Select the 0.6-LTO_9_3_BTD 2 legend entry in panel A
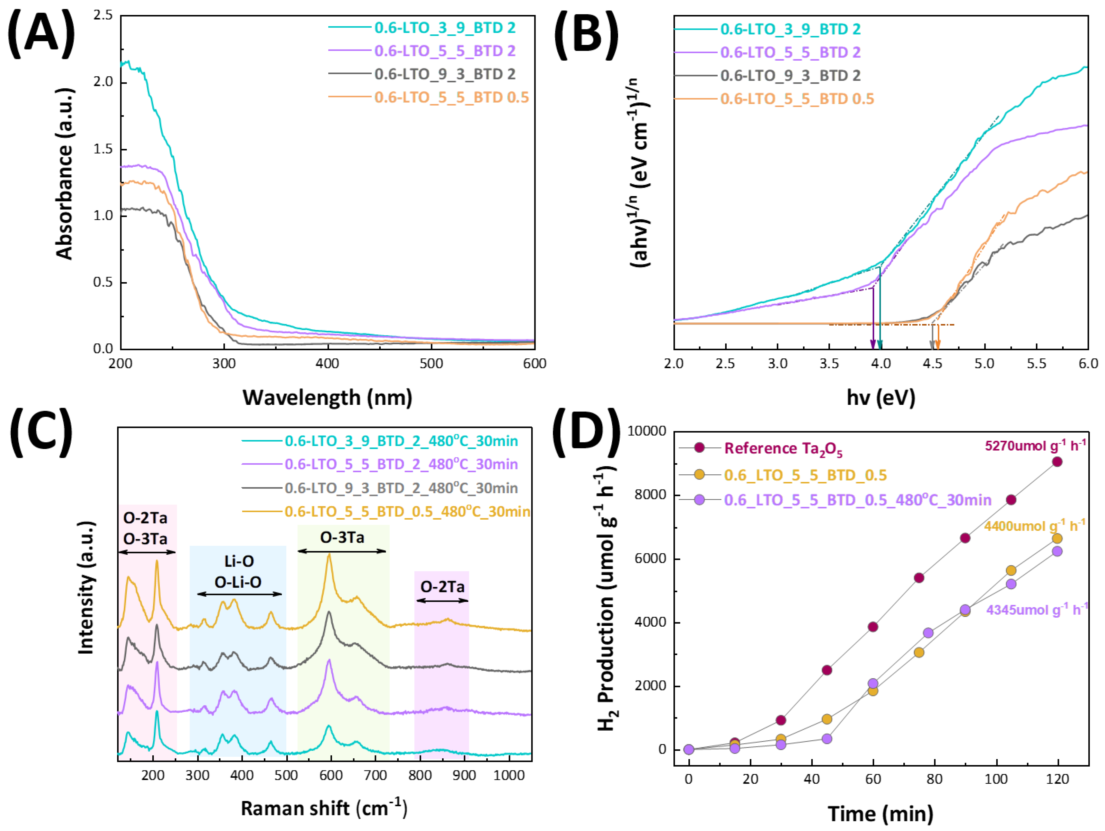pos(445,74)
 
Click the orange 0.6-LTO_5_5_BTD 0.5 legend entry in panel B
pos(797,99)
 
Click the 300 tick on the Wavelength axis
pos(224,364)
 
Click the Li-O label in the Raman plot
pos(239,561)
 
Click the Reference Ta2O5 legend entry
pos(783,448)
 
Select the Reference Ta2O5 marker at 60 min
pos(873,627)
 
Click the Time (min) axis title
pos(880,814)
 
